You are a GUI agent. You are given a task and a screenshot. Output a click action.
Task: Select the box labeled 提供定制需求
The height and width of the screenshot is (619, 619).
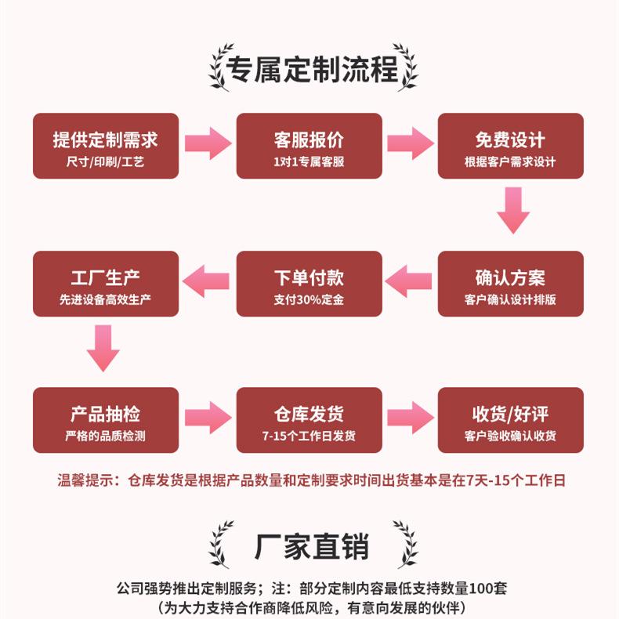(x=105, y=146)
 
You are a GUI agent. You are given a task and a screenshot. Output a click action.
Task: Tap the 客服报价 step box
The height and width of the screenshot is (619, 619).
(x=309, y=146)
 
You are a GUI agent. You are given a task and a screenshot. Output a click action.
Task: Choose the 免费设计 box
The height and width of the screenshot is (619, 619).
(x=510, y=146)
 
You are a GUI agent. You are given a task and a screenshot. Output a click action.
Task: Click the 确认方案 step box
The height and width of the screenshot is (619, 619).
(x=510, y=284)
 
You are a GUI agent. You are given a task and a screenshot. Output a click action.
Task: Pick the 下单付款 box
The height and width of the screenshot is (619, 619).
(x=309, y=284)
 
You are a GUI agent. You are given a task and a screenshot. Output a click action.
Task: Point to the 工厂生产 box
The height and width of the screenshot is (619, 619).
(x=105, y=284)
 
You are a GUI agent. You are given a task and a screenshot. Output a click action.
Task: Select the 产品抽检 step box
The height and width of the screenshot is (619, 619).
(x=105, y=420)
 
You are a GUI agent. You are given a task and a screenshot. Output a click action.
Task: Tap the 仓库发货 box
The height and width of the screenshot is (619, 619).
(x=309, y=420)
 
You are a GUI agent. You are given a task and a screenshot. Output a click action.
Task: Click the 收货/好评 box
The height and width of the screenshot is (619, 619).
(x=510, y=420)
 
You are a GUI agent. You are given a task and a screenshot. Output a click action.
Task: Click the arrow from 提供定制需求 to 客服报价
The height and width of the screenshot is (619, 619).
(x=208, y=143)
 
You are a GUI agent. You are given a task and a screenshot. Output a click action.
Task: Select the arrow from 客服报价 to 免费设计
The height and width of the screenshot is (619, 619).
(x=410, y=143)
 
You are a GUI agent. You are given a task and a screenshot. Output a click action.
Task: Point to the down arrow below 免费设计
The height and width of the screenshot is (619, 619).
(x=513, y=209)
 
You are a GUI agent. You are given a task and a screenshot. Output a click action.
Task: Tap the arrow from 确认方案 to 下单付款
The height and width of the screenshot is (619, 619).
(x=410, y=281)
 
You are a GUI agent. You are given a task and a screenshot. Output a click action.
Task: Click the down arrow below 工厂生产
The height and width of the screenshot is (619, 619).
(x=103, y=347)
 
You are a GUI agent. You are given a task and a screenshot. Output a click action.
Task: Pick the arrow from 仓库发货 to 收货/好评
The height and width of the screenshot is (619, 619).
(x=410, y=417)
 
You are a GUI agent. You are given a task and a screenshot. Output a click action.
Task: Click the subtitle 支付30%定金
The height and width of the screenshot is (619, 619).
(x=309, y=299)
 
